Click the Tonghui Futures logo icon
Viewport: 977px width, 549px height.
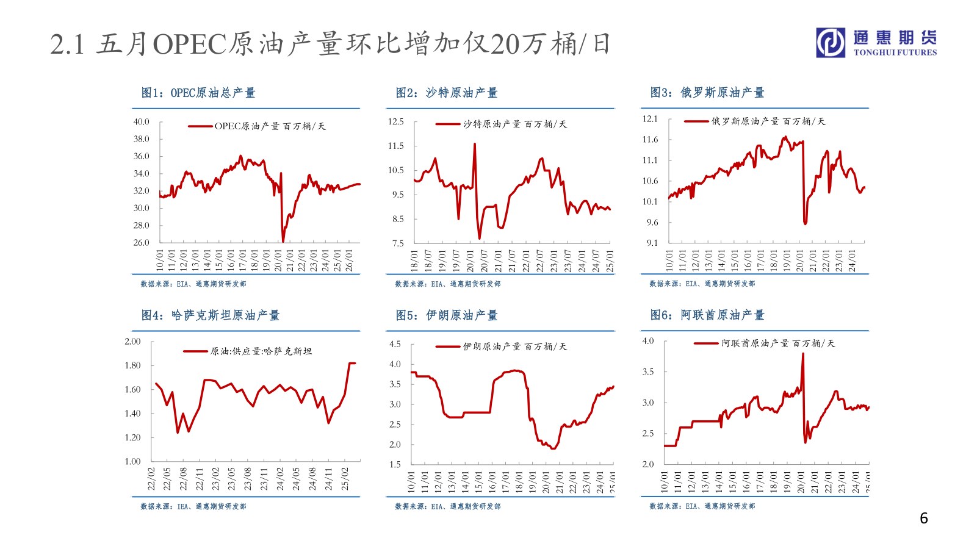(x=831, y=43)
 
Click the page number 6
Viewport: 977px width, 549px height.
(x=924, y=518)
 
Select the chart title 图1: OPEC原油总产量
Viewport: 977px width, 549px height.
(x=198, y=93)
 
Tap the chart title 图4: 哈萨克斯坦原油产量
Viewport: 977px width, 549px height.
(x=211, y=315)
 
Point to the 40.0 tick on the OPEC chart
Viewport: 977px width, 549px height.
(x=142, y=122)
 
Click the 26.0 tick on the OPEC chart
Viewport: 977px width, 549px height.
(x=142, y=243)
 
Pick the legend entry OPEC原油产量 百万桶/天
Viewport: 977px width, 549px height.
(x=270, y=126)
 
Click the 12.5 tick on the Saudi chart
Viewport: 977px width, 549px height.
(x=396, y=122)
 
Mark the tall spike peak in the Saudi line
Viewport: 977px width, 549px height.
(x=475, y=145)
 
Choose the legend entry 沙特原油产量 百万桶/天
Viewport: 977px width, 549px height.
(x=514, y=124)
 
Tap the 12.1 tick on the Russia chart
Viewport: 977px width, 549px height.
(x=651, y=119)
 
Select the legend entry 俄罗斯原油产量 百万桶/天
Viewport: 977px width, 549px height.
(x=768, y=121)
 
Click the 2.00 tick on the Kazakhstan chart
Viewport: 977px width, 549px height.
(x=132, y=342)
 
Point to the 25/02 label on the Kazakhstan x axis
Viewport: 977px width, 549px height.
(x=345, y=479)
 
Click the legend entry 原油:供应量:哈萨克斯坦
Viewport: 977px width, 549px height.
(x=261, y=351)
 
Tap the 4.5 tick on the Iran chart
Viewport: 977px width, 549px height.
(x=395, y=345)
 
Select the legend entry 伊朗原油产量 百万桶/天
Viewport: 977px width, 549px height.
(x=514, y=346)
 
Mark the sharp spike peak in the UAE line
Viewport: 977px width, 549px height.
(x=802, y=354)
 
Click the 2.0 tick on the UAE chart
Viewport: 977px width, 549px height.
(x=648, y=464)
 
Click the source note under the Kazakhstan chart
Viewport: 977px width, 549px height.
(x=193, y=506)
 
